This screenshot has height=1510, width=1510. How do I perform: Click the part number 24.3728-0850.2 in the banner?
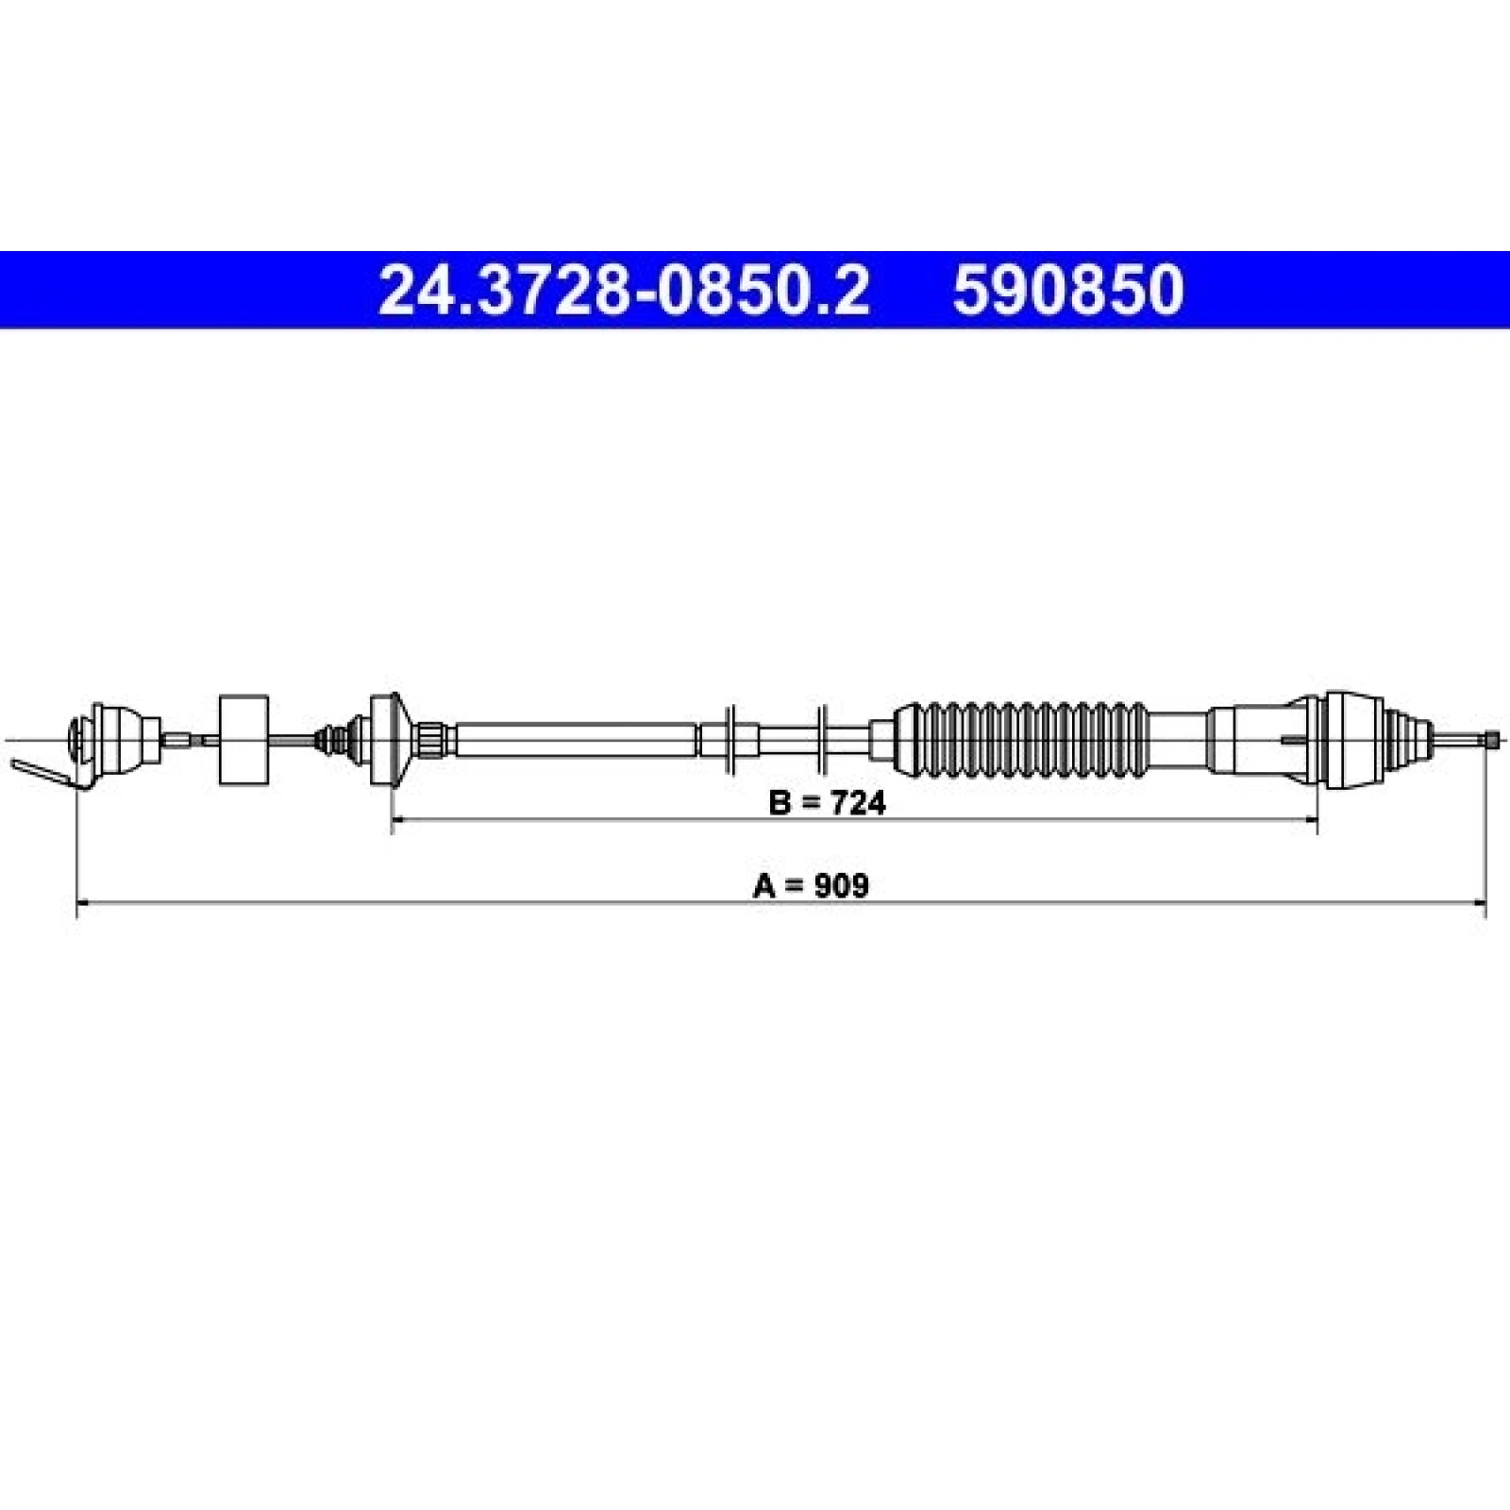[x=623, y=290]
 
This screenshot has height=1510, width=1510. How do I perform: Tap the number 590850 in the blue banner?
[x=1067, y=290]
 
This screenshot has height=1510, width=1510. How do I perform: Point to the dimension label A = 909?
[x=811, y=885]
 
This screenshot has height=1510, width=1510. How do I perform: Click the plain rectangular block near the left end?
[x=243, y=740]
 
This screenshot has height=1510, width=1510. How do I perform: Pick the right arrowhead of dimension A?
[x=1479, y=903]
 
